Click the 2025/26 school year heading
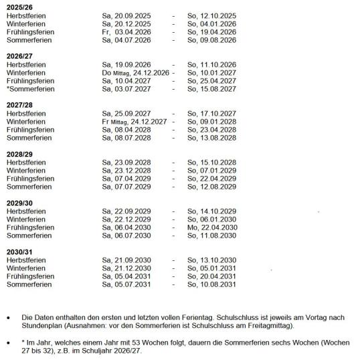click(20, 5)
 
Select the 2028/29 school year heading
click(20, 154)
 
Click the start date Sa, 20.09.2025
click(126, 15)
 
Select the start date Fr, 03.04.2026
click(126, 31)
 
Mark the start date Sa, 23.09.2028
click(126, 163)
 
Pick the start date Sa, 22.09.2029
click(126, 211)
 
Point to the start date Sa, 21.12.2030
click(126, 268)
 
